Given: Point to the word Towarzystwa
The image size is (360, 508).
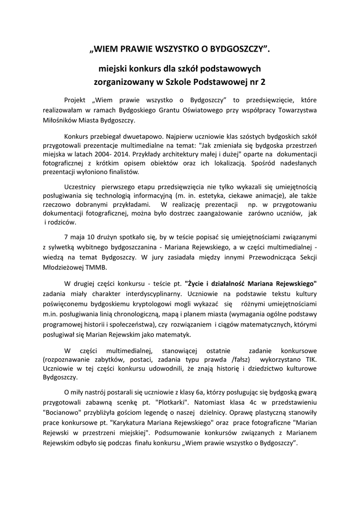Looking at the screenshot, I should pos(296,109).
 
